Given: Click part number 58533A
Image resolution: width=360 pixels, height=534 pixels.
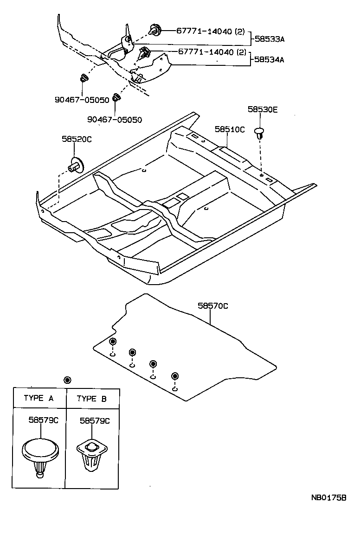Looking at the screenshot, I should [x=269, y=40].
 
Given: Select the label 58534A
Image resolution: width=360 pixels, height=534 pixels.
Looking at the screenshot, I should [x=269, y=60].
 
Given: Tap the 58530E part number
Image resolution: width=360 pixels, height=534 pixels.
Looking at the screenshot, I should [x=263, y=110].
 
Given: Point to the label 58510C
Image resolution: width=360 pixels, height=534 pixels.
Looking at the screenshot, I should [x=229, y=129].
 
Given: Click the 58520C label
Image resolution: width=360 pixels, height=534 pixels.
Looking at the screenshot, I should [x=77, y=139].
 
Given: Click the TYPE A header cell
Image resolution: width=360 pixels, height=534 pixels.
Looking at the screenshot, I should [x=39, y=398].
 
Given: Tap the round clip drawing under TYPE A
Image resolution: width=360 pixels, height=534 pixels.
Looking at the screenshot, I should [x=40, y=455].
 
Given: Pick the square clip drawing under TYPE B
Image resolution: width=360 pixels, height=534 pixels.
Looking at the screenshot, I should [x=91, y=454].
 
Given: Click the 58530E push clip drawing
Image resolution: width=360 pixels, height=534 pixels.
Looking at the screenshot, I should [x=260, y=133].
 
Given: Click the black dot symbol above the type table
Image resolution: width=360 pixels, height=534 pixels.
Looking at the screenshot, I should [x=67, y=380].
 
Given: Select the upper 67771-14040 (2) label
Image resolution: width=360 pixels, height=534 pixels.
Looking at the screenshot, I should [x=210, y=31].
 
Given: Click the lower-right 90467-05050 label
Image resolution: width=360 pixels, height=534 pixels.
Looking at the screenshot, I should [x=115, y=120].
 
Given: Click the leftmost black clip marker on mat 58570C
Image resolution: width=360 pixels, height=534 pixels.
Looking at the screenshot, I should [x=112, y=342].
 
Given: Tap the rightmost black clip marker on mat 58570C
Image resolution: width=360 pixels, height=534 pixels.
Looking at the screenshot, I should [x=174, y=375].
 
